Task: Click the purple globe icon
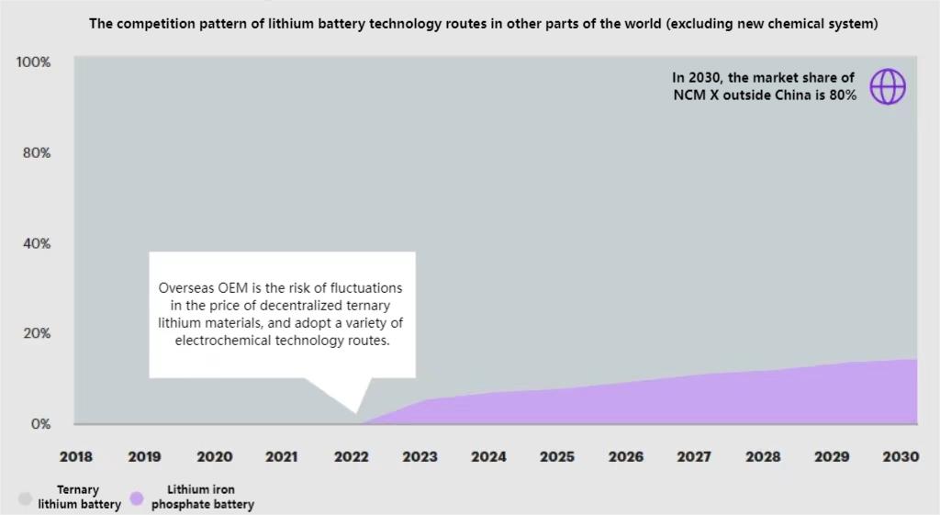tap(888, 86)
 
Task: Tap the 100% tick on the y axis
tap(34, 62)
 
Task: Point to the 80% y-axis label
tap(37, 152)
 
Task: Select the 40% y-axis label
tap(37, 243)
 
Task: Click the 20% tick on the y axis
tap(37, 333)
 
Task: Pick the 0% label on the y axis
tap(40, 424)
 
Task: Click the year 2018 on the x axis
tap(76, 456)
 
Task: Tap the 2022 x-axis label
tap(351, 456)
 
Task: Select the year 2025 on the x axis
tap(557, 456)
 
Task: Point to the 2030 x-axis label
tap(901, 456)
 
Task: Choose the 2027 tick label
tap(695, 456)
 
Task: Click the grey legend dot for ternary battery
tap(26, 498)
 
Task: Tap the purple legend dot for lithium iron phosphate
tap(137, 498)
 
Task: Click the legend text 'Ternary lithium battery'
tap(79, 498)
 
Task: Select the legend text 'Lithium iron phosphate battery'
tap(202, 498)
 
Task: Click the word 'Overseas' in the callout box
tap(186, 288)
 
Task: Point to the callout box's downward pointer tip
tap(357, 413)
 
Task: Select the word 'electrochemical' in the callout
tap(220, 341)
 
